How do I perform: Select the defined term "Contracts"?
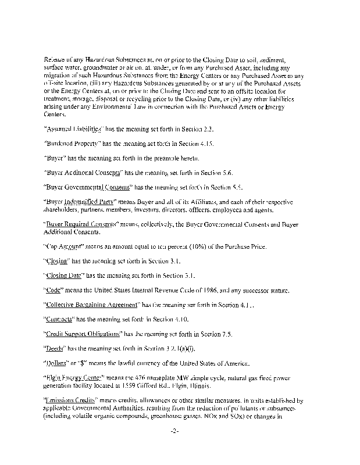pos(60,320)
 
